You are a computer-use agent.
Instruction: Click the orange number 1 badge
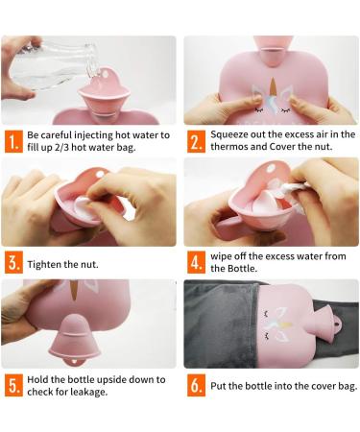pyautogui.click(x=13, y=141)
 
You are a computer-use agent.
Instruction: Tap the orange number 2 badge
pyautogui.click(x=196, y=141)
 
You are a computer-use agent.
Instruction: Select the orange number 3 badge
pyautogui.click(x=13, y=263)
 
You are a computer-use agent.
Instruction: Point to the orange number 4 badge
pyautogui.click(x=196, y=263)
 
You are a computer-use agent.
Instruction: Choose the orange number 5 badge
pyautogui.click(x=13, y=385)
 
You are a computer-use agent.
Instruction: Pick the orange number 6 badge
pyautogui.click(x=196, y=385)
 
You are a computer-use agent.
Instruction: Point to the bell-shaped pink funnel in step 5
pyautogui.click(x=73, y=339)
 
